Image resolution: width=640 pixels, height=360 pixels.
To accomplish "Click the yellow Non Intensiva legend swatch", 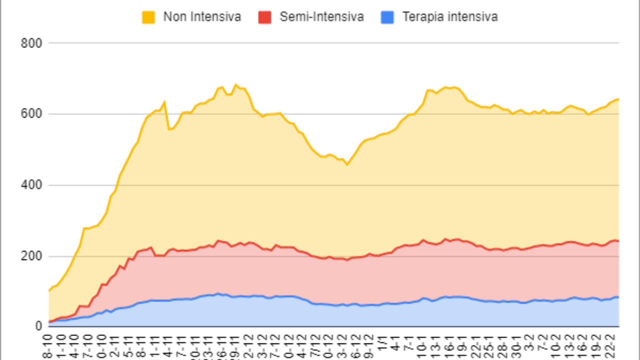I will tap(148, 17).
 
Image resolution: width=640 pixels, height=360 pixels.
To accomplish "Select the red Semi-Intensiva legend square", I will tap(264, 17).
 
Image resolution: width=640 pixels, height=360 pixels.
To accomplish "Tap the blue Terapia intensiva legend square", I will tap(394, 17).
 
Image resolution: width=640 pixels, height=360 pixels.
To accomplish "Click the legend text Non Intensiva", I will tap(202, 17).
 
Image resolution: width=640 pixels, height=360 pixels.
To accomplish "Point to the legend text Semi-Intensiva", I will tap(321, 17).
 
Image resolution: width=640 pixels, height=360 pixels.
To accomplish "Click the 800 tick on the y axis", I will tap(31, 43).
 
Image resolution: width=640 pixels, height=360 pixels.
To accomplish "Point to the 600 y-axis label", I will tap(31, 114).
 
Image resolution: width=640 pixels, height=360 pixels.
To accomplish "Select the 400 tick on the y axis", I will tap(31, 185).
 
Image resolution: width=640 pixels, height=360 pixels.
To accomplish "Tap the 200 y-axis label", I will tap(31, 256).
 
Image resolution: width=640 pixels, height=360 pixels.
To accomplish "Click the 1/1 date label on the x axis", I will tap(382, 344).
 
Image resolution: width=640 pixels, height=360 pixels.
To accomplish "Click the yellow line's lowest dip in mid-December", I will tap(347, 164).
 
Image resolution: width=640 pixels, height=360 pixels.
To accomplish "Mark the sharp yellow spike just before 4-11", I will tap(164, 102).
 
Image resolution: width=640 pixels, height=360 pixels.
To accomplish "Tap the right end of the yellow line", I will tap(618, 99).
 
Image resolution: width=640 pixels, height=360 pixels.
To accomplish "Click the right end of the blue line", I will tap(618, 297).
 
